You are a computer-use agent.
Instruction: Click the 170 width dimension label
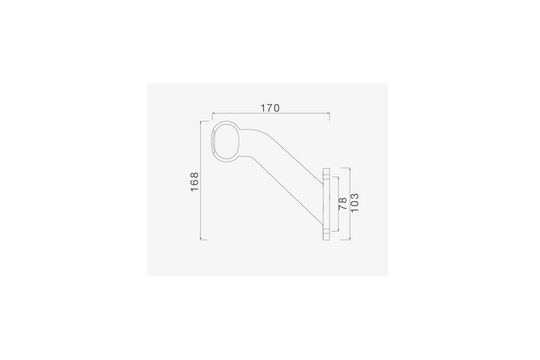pyautogui.click(x=270, y=108)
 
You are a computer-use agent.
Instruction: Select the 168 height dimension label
pyautogui.click(x=194, y=182)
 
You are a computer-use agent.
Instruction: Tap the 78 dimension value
pyautogui.click(x=343, y=204)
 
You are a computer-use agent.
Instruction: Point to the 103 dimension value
pyautogui.click(x=354, y=203)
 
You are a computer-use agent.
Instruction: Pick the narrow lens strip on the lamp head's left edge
pyautogui.click(x=214, y=141)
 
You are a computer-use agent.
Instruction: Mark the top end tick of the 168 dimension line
pyautogui.click(x=204, y=121)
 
